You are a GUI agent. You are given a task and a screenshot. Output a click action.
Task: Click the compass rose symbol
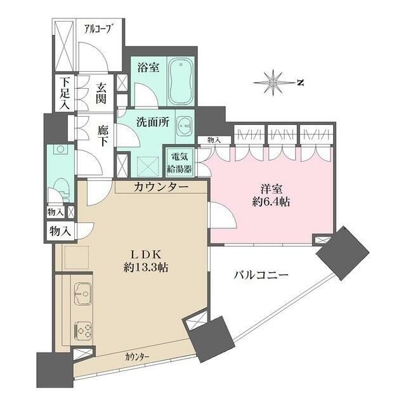(x=275, y=82)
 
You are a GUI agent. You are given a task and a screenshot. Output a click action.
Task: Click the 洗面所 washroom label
(x=153, y=123)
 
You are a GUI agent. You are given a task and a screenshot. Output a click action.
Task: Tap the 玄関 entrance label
(x=101, y=93)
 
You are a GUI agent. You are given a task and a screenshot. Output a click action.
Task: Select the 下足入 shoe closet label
(x=64, y=94)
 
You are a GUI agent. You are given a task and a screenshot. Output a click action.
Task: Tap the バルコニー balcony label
(x=261, y=275)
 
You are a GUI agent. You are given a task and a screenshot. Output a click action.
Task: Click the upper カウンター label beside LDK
(x=160, y=187)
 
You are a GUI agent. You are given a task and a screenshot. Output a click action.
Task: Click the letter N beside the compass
(x=302, y=82)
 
